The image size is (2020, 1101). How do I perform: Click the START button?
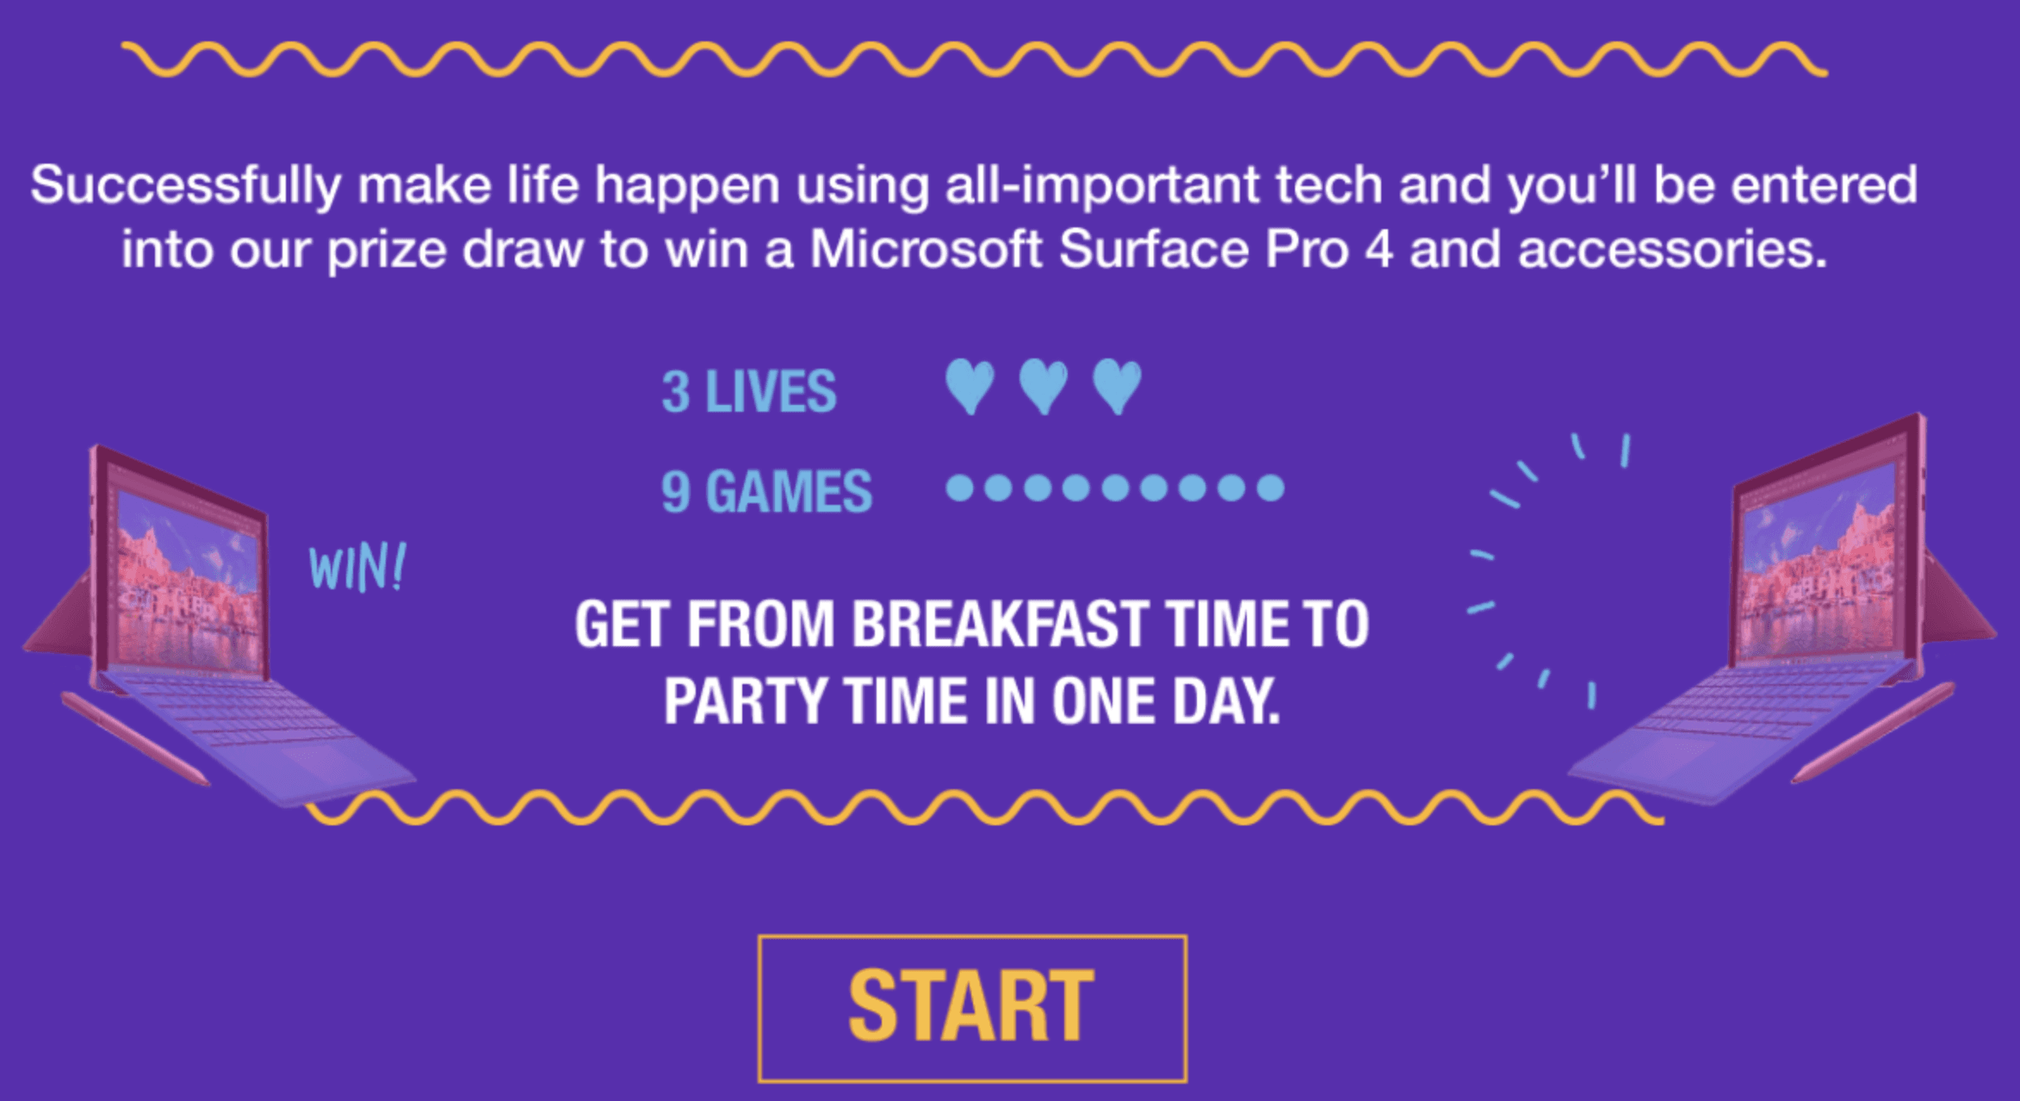972,1008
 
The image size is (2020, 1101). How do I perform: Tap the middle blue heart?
1044,387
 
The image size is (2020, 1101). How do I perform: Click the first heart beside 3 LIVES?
970,387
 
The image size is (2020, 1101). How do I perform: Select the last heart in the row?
1118,387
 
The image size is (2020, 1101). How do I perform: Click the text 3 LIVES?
749,392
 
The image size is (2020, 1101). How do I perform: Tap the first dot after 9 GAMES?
960,488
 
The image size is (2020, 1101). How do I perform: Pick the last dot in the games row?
1270,488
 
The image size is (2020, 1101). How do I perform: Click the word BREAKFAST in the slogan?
999,624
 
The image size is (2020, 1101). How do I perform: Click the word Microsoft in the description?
926,249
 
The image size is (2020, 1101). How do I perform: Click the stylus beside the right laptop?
1874,732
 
